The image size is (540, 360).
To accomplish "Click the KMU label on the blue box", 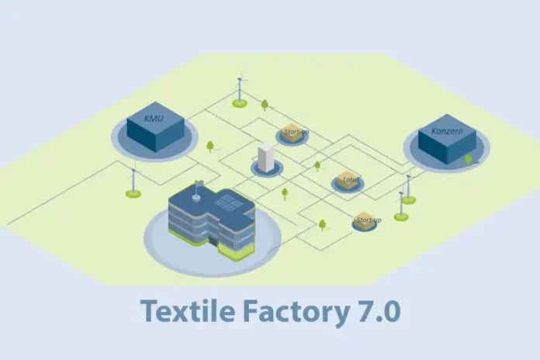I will point(154,118).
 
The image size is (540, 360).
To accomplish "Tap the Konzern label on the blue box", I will point(446,132).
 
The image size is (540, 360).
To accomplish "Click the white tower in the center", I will point(266,158).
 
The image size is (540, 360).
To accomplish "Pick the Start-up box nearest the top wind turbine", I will point(293,133).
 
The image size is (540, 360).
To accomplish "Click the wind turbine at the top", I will point(240,88).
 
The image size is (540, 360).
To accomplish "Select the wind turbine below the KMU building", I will point(133,183).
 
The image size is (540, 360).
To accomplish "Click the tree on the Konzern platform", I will point(468,158).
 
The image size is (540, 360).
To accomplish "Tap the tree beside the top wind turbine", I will point(265,103).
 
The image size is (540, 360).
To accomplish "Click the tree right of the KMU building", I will point(210,145).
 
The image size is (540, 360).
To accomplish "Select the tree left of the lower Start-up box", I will point(322,224).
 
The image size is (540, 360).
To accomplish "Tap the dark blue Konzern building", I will point(446,144).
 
